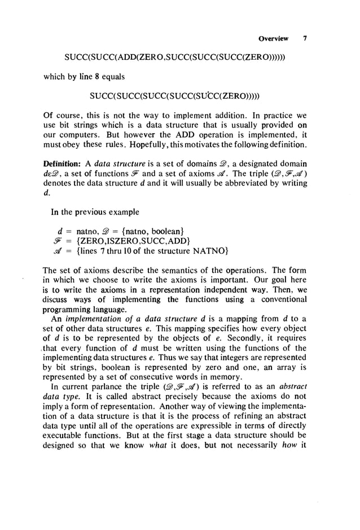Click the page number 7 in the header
click(x=305, y=39)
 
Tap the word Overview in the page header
click(x=273, y=39)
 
